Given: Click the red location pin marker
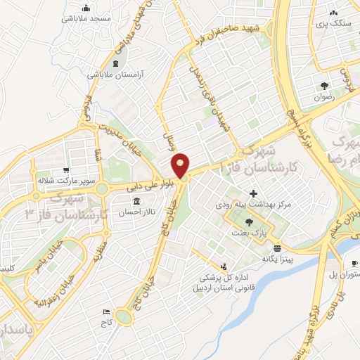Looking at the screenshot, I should point(181,165).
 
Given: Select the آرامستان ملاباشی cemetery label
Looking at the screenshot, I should point(117,74).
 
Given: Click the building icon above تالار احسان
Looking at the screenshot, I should point(136,202).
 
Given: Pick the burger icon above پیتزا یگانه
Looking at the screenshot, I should point(278,248).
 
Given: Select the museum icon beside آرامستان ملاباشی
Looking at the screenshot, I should point(115,64).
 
